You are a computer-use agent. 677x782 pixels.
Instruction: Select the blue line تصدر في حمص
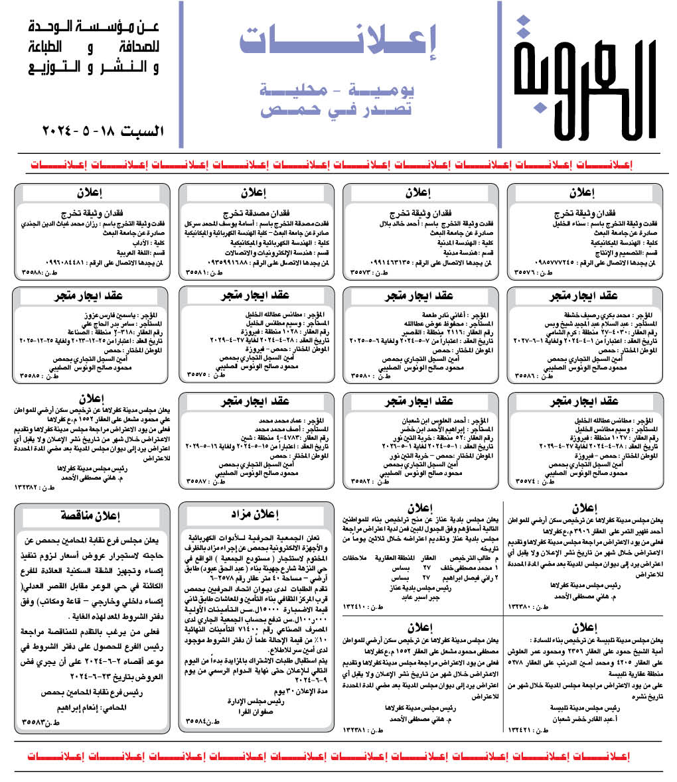pos(335,110)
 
